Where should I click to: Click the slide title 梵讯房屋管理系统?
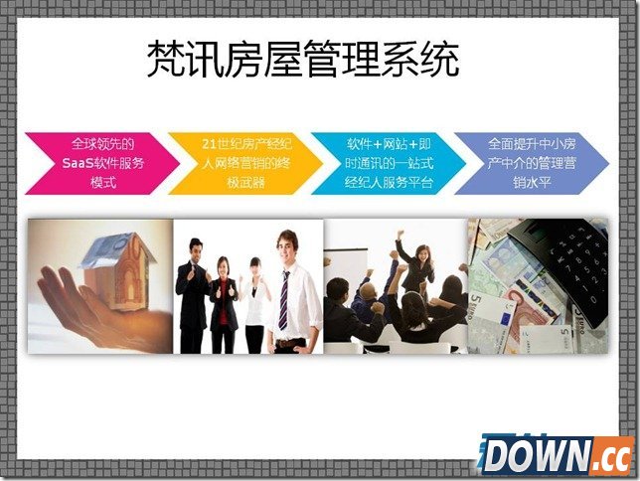point(303,60)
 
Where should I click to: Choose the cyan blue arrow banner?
point(388,162)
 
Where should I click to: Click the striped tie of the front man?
point(284,298)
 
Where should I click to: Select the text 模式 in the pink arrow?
point(101,182)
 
